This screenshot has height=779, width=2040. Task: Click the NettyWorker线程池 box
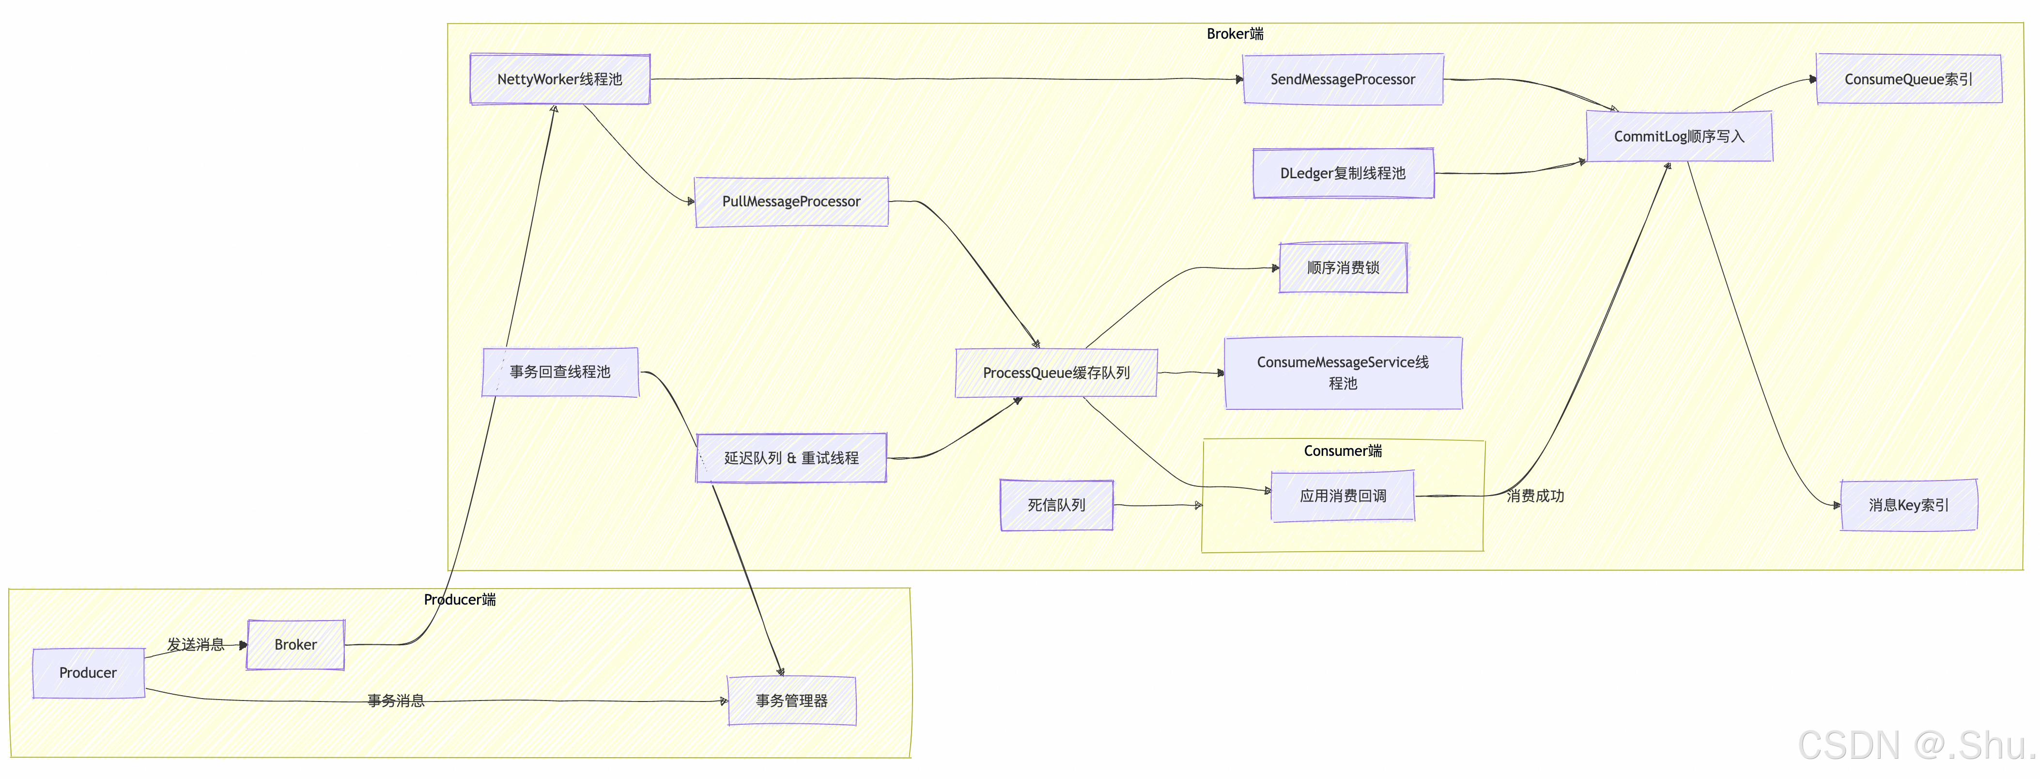click(x=560, y=79)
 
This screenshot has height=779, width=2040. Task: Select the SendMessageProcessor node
click(x=1342, y=79)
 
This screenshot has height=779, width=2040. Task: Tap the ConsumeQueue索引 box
click(x=1909, y=79)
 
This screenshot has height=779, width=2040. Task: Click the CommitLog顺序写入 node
click(x=1679, y=136)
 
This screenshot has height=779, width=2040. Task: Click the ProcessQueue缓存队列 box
click(x=1056, y=373)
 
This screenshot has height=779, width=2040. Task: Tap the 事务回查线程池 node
click(x=560, y=372)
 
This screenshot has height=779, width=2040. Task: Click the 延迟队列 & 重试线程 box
click(x=791, y=458)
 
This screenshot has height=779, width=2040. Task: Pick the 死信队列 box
click(x=1056, y=505)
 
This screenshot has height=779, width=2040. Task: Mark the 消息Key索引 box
click(x=1909, y=505)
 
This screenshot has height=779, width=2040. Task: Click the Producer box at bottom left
click(x=88, y=673)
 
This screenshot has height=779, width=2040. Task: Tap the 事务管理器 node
click(x=791, y=701)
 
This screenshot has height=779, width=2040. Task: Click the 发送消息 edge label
click(x=196, y=644)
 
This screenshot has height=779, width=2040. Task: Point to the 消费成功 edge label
click(x=1535, y=496)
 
